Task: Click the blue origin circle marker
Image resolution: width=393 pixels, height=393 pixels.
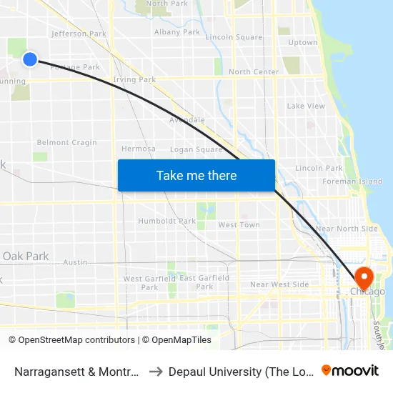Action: coord(30,59)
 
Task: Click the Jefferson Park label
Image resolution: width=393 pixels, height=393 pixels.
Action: coord(79,34)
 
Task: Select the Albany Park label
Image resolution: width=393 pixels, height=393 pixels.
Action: coord(177,32)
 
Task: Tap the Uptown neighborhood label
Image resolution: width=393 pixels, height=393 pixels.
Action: coord(302,43)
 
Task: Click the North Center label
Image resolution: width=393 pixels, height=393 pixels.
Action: coord(254,72)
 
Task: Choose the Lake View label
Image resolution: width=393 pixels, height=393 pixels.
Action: coord(306,106)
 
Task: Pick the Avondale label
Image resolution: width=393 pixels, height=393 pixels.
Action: coord(187,120)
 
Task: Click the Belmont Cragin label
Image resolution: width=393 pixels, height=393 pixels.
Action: coord(66,143)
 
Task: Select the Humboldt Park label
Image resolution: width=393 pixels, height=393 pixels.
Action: coord(166,222)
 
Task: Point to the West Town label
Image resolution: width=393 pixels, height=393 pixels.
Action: coord(239,225)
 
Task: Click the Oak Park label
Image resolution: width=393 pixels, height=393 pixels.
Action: coord(26,256)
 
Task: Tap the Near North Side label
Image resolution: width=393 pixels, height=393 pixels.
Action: coord(347,229)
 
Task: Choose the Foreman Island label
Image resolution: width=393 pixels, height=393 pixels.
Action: coord(362,181)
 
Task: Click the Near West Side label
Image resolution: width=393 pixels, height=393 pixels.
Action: coord(279,284)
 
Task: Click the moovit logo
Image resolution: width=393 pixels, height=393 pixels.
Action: coord(350,370)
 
